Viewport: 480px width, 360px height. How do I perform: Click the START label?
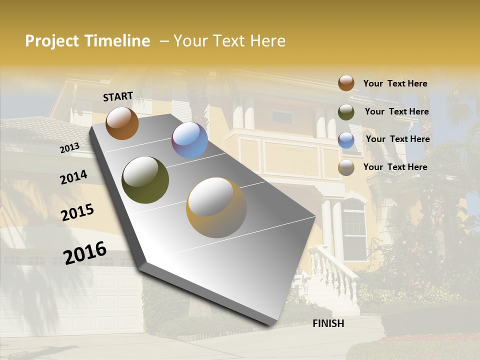pyautogui.click(x=118, y=96)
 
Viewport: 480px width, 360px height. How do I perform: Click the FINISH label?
pyautogui.click(x=328, y=323)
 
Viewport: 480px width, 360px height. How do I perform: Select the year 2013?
pyautogui.click(x=69, y=147)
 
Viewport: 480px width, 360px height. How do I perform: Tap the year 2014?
pyautogui.click(x=73, y=177)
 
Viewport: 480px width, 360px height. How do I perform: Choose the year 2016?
pyautogui.click(x=85, y=252)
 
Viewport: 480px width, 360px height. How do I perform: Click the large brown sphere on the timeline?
pyautogui.click(x=122, y=123)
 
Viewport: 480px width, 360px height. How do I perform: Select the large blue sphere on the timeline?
pyautogui.click(x=189, y=140)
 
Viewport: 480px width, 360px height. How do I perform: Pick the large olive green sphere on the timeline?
pyautogui.click(x=145, y=180)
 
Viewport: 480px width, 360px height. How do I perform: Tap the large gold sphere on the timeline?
pyautogui.click(x=216, y=207)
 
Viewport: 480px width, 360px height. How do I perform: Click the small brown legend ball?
pyautogui.click(x=346, y=83)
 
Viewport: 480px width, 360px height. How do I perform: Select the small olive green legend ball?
pyautogui.click(x=346, y=112)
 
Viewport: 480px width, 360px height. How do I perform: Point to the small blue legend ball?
pyautogui.click(x=346, y=139)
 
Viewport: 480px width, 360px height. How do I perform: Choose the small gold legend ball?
pyautogui.click(x=346, y=167)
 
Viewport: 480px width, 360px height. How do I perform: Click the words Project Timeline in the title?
pyautogui.click(x=87, y=41)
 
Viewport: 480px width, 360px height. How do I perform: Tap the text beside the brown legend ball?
pyautogui.click(x=395, y=83)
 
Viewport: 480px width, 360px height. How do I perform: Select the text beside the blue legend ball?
pyautogui.click(x=397, y=139)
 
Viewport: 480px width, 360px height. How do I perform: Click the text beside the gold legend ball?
pyautogui.click(x=395, y=167)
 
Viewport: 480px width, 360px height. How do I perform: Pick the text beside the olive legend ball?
pyautogui.click(x=396, y=111)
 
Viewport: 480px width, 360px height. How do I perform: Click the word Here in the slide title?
pyautogui.click(x=267, y=41)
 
